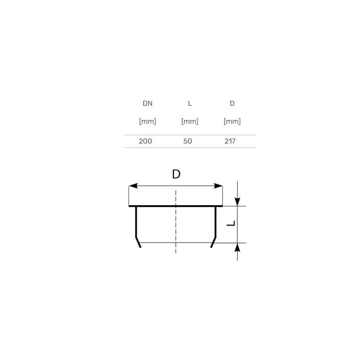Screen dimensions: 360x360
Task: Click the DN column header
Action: [148, 103]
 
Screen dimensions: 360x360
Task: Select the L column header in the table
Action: [190, 103]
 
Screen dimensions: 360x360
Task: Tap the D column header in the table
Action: [232, 103]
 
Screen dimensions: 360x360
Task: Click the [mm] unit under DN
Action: [148, 121]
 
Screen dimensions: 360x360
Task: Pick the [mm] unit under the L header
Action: [190, 121]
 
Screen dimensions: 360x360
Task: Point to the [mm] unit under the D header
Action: [232, 121]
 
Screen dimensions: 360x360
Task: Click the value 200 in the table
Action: [145, 141]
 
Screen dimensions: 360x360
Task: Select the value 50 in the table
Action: [188, 141]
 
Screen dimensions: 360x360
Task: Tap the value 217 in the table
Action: [230, 141]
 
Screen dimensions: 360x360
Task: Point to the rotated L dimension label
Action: [230, 224]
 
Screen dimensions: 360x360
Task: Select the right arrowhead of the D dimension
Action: [219, 186]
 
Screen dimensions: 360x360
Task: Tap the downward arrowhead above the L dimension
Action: [238, 201]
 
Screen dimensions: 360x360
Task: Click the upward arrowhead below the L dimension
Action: [238, 248]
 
